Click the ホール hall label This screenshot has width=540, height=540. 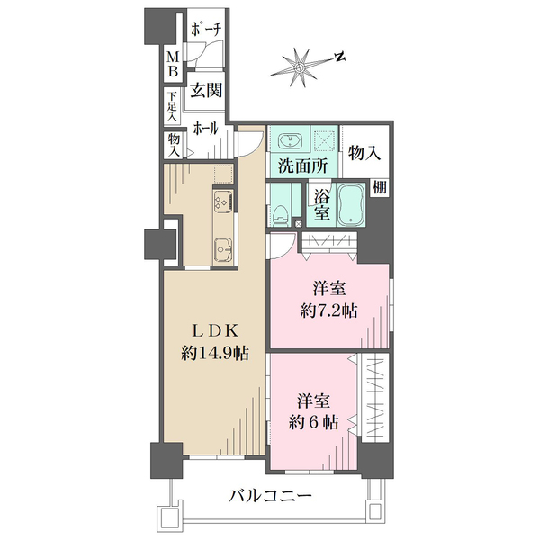(x=205, y=129)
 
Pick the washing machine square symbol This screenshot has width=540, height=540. (x=325, y=140)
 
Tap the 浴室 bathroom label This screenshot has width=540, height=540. (x=320, y=206)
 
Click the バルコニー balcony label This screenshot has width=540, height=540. (x=270, y=495)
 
